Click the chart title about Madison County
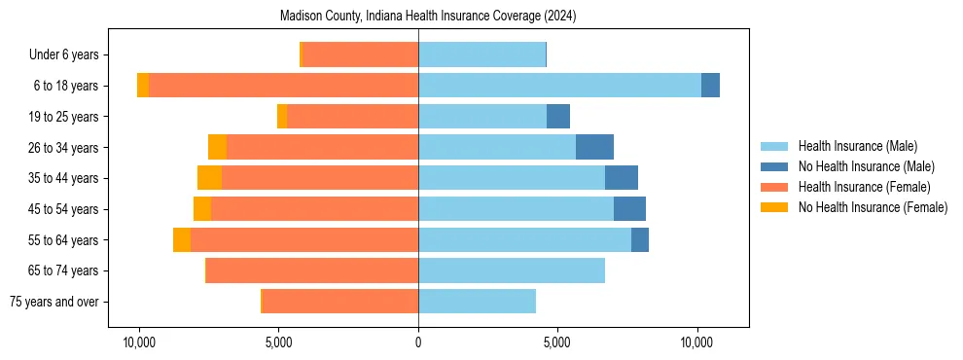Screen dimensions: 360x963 tap(428, 17)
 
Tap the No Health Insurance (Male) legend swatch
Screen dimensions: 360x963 tap(774, 166)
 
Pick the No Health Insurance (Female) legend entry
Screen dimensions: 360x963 tap(873, 207)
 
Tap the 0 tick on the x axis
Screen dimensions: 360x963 tap(418, 343)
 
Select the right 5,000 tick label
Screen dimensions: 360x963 tap(557, 343)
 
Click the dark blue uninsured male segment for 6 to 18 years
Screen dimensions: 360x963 tap(710, 86)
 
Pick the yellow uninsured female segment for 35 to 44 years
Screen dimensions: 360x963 tap(209, 178)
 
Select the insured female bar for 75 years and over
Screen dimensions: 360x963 tap(340, 302)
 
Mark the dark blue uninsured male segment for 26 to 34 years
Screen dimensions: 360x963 tap(594, 147)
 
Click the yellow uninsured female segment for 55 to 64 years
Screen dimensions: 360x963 tap(182, 239)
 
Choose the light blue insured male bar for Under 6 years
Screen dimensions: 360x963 tap(481, 54)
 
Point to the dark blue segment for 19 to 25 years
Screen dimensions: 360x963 tap(558, 117)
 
